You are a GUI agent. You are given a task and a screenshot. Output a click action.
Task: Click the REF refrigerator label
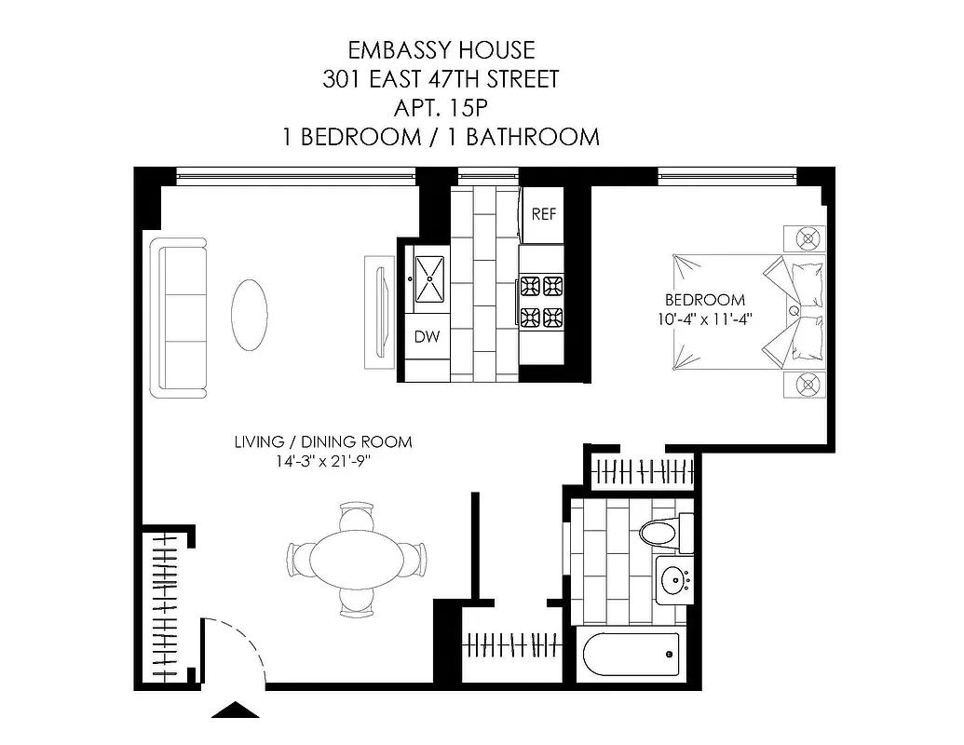[544, 214]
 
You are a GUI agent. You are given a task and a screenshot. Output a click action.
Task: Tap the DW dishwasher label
[427, 336]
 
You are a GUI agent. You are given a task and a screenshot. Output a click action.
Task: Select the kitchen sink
[430, 278]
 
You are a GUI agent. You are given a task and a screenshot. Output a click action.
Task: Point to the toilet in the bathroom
[662, 534]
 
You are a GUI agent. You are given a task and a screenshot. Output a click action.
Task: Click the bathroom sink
[672, 579]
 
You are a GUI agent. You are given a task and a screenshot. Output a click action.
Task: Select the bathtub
[631, 656]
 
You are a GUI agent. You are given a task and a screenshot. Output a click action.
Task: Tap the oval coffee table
[250, 315]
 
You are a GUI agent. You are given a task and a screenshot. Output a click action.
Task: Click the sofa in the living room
[180, 318]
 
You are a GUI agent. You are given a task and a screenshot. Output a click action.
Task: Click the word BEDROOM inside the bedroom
[704, 300]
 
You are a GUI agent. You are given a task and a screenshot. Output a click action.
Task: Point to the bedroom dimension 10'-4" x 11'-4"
[704, 318]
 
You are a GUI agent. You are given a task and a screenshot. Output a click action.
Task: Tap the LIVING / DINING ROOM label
[322, 441]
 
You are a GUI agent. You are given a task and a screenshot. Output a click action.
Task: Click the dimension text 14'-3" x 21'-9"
[322, 460]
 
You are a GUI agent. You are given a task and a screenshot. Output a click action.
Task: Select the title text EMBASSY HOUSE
[441, 49]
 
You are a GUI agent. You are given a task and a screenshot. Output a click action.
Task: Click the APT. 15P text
[441, 108]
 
